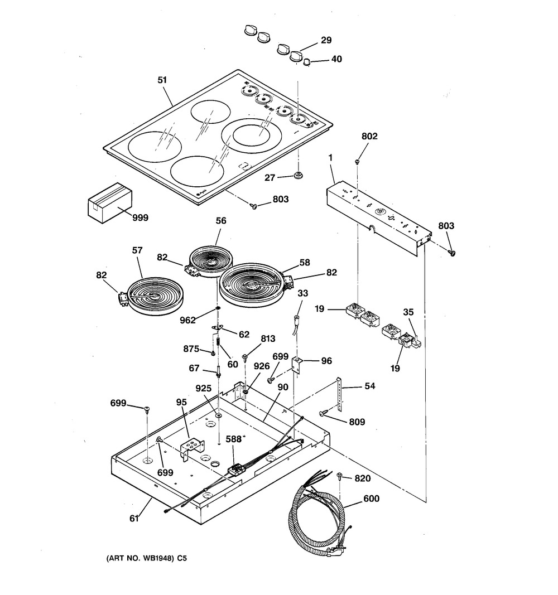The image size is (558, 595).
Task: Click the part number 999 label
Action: [x=140, y=217]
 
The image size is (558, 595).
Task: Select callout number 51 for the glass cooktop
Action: [x=162, y=80]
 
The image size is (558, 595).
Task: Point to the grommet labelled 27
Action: [x=299, y=176]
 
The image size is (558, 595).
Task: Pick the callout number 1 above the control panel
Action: [x=331, y=158]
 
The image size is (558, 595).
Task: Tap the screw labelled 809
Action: [x=323, y=413]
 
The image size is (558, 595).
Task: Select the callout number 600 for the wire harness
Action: [x=372, y=499]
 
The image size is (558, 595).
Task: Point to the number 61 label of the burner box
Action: [x=134, y=519]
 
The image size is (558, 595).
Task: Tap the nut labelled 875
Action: [x=214, y=352]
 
